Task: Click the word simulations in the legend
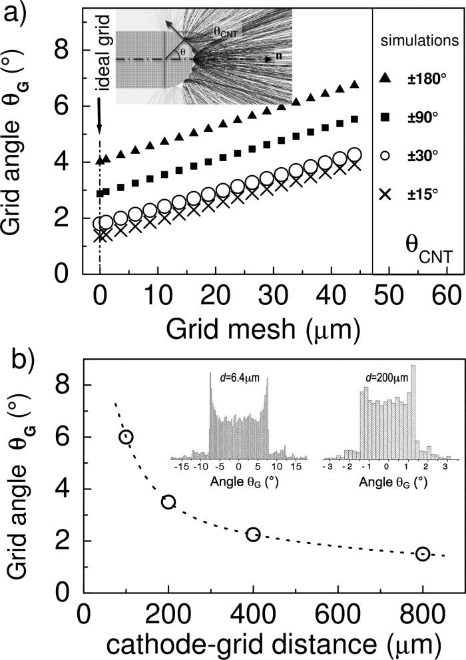[419, 41]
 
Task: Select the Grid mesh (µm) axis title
[227, 327]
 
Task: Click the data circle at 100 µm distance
[126, 436]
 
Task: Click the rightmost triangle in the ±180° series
[354, 84]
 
